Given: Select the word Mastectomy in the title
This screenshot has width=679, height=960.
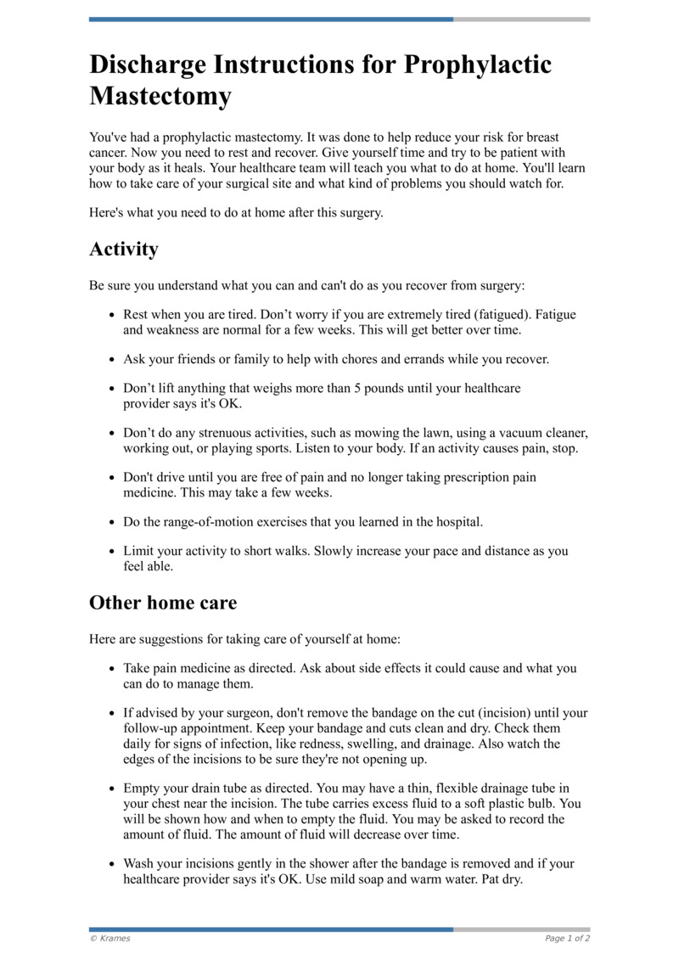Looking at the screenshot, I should coord(160,96).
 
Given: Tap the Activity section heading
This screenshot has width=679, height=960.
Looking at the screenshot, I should coord(124,250).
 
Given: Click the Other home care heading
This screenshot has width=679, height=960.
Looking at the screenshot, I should coord(163,603).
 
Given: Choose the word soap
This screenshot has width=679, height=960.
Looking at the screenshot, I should coord(349,879).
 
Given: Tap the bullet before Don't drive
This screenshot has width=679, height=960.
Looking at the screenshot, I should coord(112,478).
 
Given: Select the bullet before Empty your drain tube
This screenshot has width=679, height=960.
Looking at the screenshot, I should coord(112,789).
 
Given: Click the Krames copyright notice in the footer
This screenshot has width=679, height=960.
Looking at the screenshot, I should coord(109,938).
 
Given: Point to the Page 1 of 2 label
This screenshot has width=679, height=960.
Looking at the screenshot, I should coord(567,938).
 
